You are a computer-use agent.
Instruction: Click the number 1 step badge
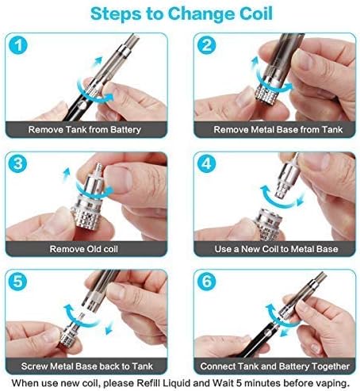[x=18, y=45]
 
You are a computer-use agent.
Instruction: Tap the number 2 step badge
[x=206, y=45]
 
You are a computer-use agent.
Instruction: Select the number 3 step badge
[x=18, y=163]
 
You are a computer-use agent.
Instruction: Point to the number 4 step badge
[x=206, y=163]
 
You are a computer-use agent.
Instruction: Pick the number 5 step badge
[x=18, y=281]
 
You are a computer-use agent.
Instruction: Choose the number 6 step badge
[x=206, y=281]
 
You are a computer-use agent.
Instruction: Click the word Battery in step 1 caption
[x=125, y=130]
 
